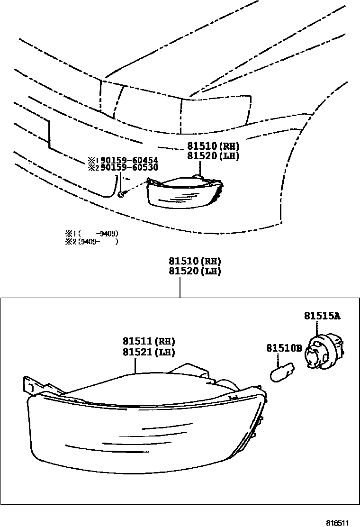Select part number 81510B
[x=284, y=348]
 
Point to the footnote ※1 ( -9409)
[x=91, y=233]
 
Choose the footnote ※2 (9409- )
[x=91, y=241]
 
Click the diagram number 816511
[x=337, y=523]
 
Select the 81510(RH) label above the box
[x=195, y=262]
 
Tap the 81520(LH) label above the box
[x=195, y=272]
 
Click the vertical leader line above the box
[x=180, y=287]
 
